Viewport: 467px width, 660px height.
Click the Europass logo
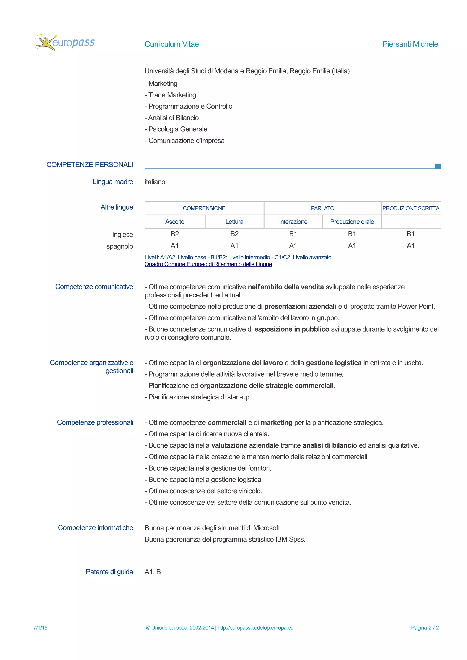pos(64,43)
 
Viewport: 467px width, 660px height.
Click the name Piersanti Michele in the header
pos(410,44)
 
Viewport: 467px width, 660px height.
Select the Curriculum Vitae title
pos(171,44)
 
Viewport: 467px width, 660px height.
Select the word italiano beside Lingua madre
pos(155,182)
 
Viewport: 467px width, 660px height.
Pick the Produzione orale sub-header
pos(352,222)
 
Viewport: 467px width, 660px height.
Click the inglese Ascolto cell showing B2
pos(175,234)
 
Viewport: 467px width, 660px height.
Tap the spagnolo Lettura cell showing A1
pos(234,246)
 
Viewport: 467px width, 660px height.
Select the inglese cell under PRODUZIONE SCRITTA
pos(411,234)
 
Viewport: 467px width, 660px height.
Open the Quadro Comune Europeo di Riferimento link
pos(208,264)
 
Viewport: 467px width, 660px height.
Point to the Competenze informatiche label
pos(95,527)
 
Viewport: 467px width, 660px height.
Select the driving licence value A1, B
pos(153,572)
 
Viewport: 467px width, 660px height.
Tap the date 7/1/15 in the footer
pos(40,627)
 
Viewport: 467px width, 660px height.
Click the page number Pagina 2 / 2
pos(425,627)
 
